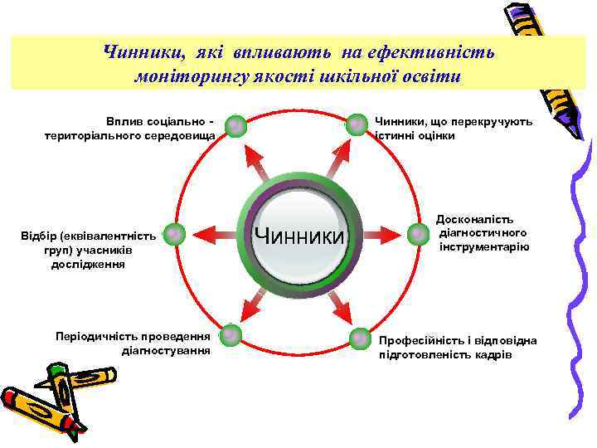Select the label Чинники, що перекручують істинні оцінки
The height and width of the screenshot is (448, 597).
pyautogui.click(x=453, y=129)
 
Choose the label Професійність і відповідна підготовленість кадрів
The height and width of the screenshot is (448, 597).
pyautogui.click(x=458, y=348)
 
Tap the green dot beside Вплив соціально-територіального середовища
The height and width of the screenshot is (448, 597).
pyautogui.click(x=236, y=125)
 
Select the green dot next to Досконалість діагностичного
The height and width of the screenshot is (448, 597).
pyautogui.click(x=418, y=234)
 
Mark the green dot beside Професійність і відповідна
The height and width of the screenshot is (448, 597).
pyautogui.click(x=360, y=338)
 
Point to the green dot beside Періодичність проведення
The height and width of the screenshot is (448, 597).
pyautogui.click(x=231, y=335)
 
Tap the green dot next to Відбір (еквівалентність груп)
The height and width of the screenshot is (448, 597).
pyautogui.click(x=172, y=235)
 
